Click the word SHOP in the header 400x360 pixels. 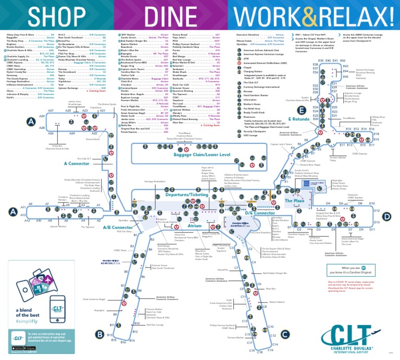[57, 16]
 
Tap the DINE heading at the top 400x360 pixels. [170, 16]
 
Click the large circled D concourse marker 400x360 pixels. [386, 216]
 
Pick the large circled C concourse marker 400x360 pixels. [284, 333]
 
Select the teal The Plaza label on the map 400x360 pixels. [294, 200]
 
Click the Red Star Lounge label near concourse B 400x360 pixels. [155, 325]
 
